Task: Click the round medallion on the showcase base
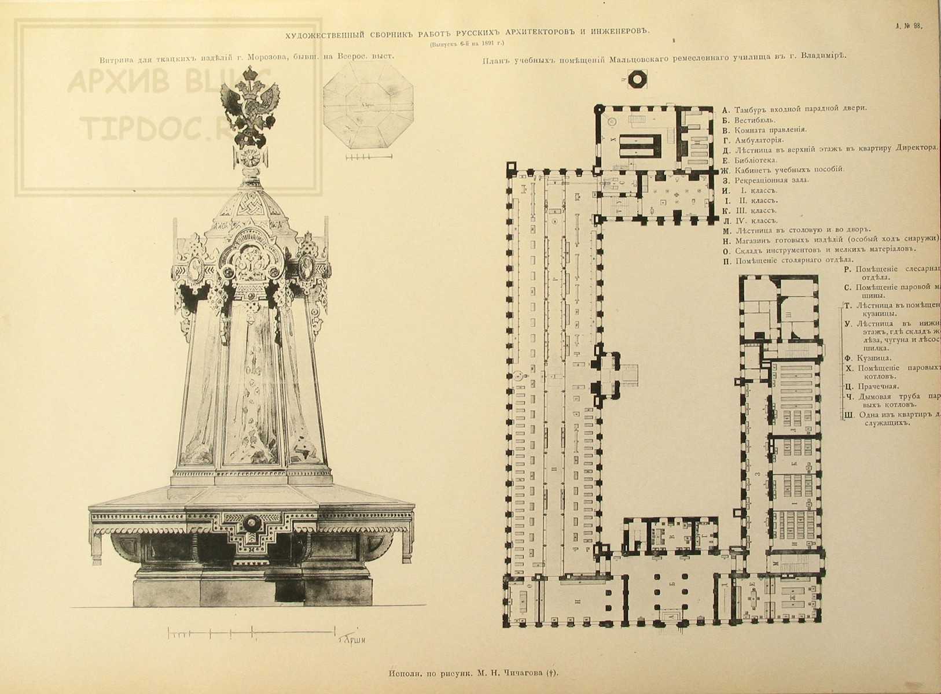click(x=252, y=524)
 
